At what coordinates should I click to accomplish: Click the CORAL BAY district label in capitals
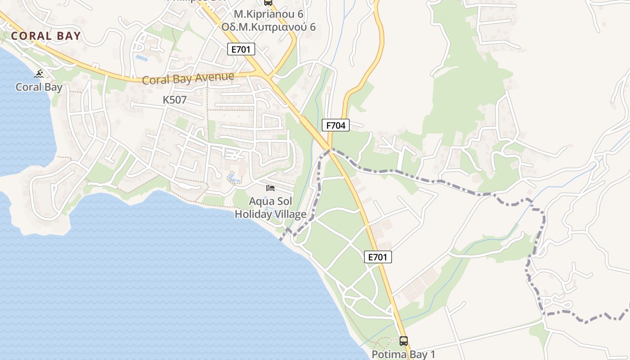click(46, 36)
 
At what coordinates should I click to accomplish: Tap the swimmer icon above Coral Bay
click(39, 74)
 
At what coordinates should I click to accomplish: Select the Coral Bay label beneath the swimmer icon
click(39, 87)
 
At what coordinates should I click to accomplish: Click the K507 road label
click(175, 100)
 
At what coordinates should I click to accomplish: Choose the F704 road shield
click(336, 125)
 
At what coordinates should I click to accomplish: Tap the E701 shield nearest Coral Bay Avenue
click(241, 49)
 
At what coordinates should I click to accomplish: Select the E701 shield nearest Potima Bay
click(378, 257)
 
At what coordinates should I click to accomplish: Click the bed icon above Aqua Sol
click(270, 188)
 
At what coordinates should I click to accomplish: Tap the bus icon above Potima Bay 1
click(404, 341)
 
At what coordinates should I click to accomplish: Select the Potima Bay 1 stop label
click(403, 354)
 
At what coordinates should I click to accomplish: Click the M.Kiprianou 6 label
click(268, 14)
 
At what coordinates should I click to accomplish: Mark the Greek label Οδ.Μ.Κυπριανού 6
click(268, 27)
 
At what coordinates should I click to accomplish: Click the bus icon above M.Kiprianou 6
click(268, 2)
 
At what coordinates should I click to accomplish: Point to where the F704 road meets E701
click(329, 147)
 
